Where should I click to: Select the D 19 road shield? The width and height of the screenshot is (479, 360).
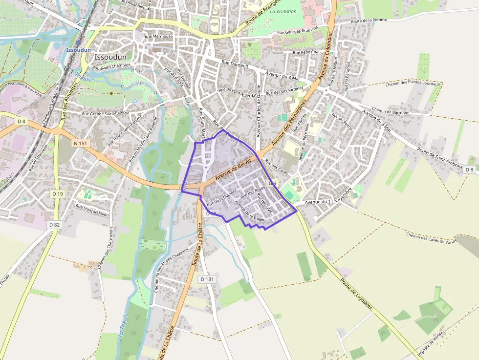point(58,194)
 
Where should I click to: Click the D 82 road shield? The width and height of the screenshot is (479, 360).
point(54,225)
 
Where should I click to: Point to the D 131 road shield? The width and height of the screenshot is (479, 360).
point(207,279)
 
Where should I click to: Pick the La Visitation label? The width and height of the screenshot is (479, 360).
point(283,11)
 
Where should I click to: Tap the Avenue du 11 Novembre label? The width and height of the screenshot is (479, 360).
point(328,202)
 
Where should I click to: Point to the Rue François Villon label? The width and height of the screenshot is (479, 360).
point(92,210)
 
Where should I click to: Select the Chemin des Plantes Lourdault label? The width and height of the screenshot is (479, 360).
point(413,84)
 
